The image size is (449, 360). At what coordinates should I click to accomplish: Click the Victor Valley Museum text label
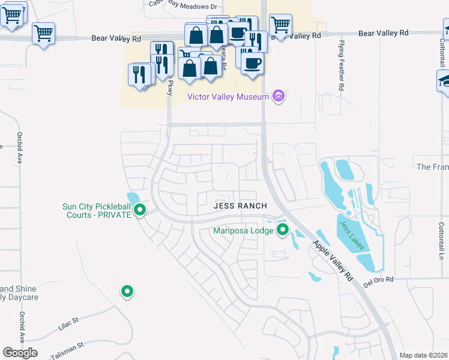coord(228,97)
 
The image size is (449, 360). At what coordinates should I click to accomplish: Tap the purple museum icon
coord(277,96)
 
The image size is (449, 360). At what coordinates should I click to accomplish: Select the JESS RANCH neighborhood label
coord(240,206)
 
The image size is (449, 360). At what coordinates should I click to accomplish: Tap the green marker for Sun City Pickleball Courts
coord(140,210)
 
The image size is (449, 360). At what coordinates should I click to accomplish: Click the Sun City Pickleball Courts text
coord(97,211)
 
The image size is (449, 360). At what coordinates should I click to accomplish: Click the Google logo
coord(20,353)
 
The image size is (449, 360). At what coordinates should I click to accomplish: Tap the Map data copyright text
coord(423,355)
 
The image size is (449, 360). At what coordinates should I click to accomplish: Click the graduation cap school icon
coord(444,80)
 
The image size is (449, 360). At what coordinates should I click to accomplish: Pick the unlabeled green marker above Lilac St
coord(127,292)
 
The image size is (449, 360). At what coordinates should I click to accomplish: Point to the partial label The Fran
coord(432,166)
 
